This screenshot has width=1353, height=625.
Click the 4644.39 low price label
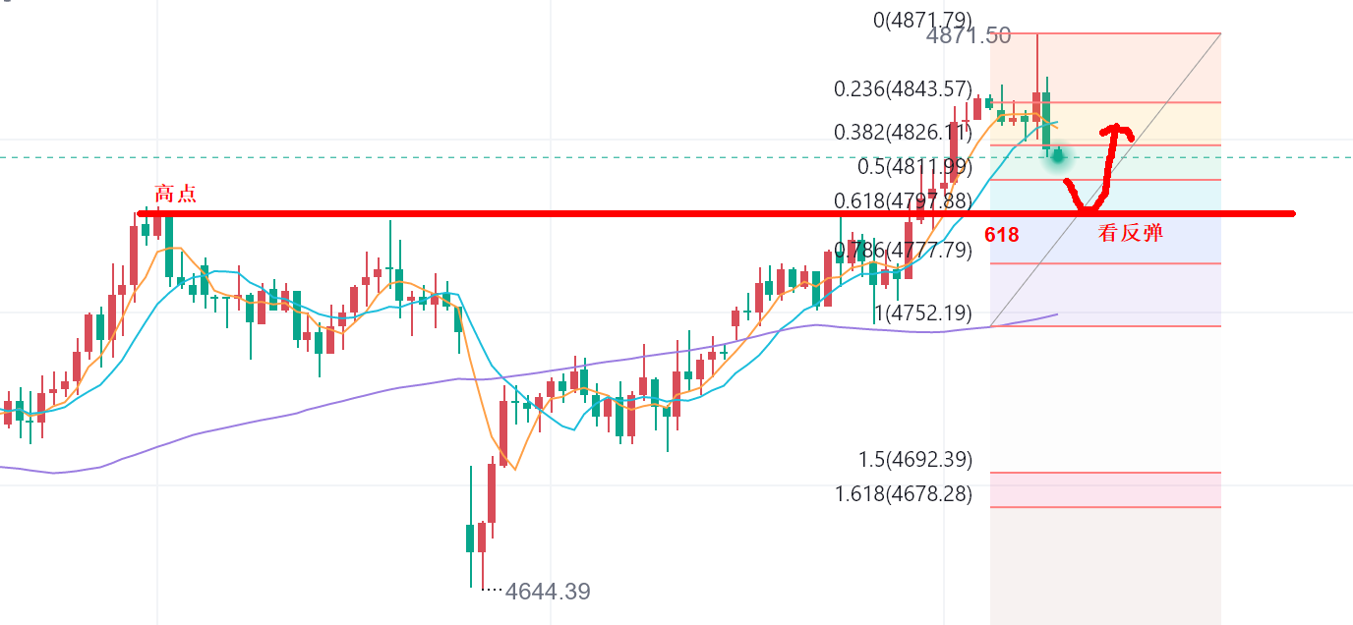548,592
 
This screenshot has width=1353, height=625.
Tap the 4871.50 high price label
969,36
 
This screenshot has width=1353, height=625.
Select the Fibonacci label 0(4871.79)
922,19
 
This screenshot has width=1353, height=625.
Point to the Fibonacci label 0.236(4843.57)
903,88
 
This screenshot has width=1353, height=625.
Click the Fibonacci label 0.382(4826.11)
903,132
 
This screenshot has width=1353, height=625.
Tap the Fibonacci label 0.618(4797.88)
903,201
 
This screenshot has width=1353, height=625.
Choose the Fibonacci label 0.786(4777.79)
903,250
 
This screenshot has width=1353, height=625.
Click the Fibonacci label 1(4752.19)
922,313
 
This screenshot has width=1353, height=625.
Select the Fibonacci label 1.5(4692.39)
914,459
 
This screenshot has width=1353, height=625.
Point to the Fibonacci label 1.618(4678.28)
903,493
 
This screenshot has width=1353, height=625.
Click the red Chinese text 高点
176,194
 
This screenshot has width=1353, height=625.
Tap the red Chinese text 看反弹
1131,234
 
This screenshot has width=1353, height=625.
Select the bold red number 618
1001,235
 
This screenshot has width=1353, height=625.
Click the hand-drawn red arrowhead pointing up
1115,130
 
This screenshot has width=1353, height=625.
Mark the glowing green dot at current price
1058,154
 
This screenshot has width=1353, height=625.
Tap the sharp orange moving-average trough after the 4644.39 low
513,468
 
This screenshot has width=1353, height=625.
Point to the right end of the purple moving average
1056,314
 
